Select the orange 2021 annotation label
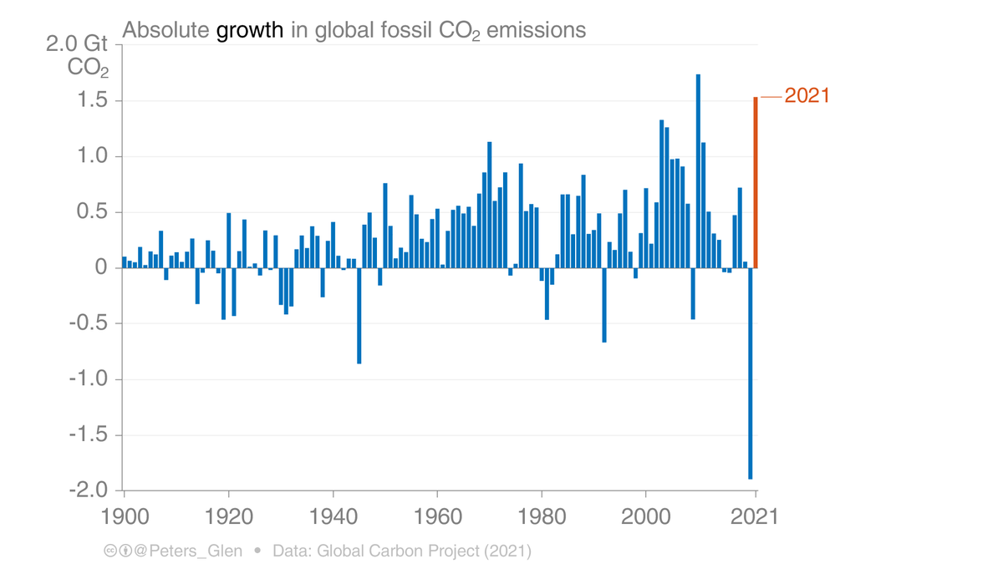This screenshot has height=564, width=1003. pyautogui.click(x=807, y=96)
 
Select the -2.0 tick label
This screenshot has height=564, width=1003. pyautogui.click(x=90, y=490)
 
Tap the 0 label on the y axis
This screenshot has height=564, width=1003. pyautogui.click(x=101, y=268)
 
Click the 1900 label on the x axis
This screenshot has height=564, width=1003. pyautogui.click(x=125, y=516)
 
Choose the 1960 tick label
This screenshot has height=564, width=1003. pyautogui.click(x=437, y=516)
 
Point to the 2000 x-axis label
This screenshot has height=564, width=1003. pyautogui.click(x=645, y=516)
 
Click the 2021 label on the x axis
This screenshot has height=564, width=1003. pyautogui.click(x=756, y=516)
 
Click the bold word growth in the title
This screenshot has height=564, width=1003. pyautogui.click(x=250, y=31)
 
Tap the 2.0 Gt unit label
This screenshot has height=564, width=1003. pyautogui.click(x=77, y=43)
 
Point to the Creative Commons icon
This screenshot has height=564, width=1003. pyautogui.click(x=110, y=551)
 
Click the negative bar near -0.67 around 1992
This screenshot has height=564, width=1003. pyautogui.click(x=604, y=305)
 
